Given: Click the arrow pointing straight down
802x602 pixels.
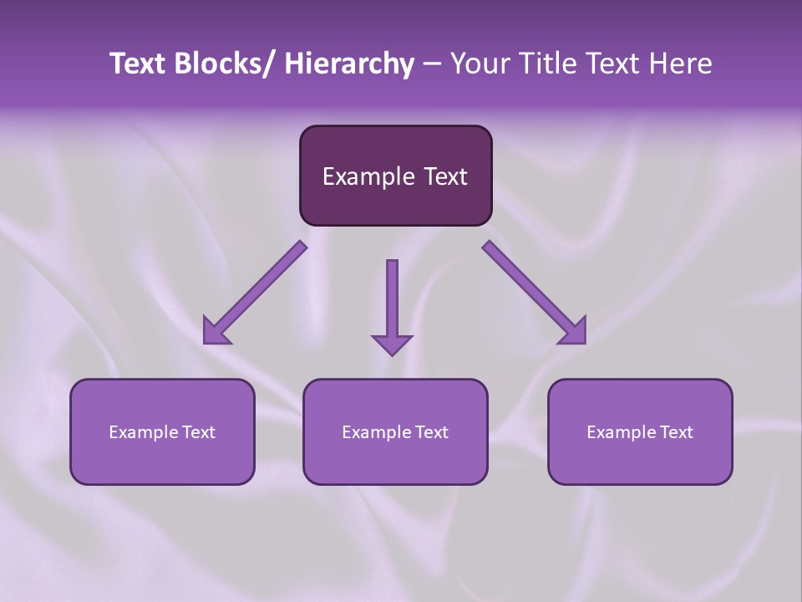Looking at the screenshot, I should (392, 301).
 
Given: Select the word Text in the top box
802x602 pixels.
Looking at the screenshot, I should (444, 176).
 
